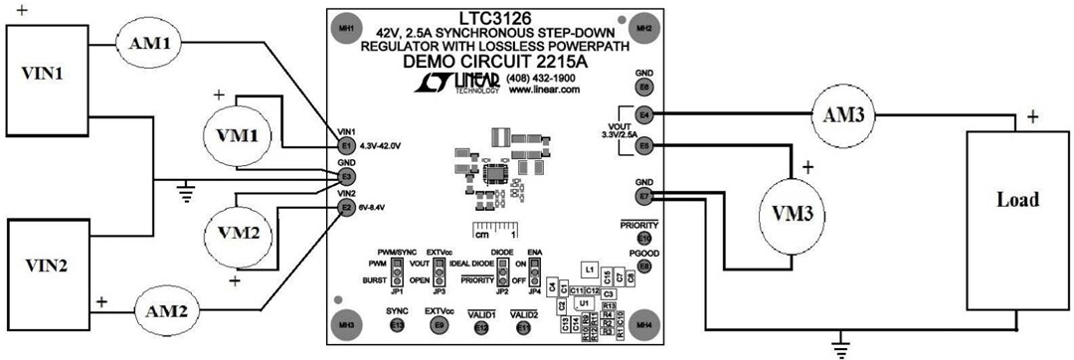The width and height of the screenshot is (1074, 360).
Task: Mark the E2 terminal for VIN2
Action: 346,207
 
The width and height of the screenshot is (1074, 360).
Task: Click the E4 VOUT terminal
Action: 644,114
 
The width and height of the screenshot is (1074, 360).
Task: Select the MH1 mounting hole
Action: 346,27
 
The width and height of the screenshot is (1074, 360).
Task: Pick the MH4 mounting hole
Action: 644,324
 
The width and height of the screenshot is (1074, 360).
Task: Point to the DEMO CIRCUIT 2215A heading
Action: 494,62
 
